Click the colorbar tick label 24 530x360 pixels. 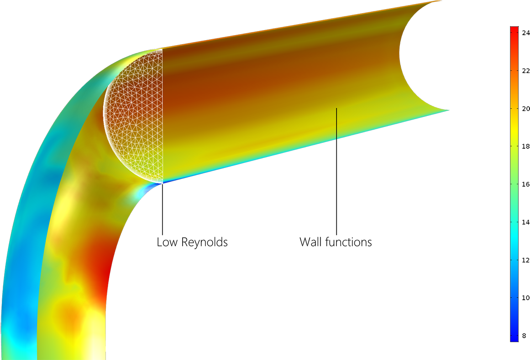click(x=525, y=33)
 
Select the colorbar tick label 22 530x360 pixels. click(x=525, y=71)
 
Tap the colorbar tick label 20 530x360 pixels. click(x=525, y=109)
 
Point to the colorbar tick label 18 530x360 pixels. click(x=525, y=146)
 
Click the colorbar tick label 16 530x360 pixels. click(x=525, y=184)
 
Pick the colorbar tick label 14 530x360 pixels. click(x=525, y=222)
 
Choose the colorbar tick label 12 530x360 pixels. click(x=525, y=260)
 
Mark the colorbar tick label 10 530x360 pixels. click(x=525, y=298)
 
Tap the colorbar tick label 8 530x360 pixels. click(x=524, y=336)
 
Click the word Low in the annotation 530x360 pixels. click(x=167, y=242)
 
